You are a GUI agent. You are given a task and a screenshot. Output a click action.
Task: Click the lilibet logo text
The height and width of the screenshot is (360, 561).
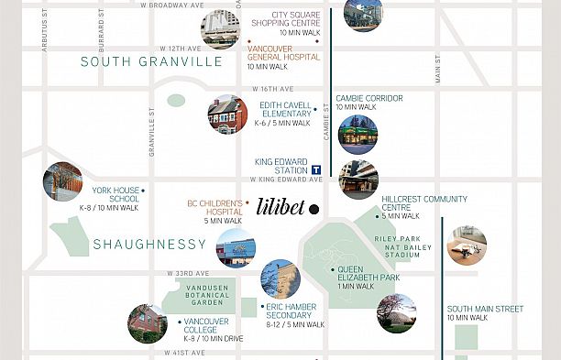click(x=280, y=207)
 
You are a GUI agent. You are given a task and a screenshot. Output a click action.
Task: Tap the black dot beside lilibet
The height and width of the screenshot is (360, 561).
click(x=313, y=209)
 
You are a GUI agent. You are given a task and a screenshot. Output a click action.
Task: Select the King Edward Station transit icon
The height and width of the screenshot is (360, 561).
click(x=316, y=169)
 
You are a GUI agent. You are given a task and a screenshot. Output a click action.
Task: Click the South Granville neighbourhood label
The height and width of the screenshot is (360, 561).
click(x=151, y=62)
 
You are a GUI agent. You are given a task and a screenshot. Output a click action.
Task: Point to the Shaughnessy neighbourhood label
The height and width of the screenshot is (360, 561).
click(x=149, y=245)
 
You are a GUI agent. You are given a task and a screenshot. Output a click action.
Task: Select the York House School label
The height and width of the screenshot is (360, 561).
click(x=115, y=195)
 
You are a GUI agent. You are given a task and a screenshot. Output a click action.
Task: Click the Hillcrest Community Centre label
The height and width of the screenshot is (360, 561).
click(x=424, y=203)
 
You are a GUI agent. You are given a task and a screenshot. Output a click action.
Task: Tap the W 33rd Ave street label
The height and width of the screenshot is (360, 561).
click(x=188, y=273)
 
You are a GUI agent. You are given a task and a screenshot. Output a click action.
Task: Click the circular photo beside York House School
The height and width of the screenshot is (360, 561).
click(x=62, y=182)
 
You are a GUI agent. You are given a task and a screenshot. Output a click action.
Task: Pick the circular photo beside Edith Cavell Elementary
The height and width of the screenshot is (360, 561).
click(x=227, y=114)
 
